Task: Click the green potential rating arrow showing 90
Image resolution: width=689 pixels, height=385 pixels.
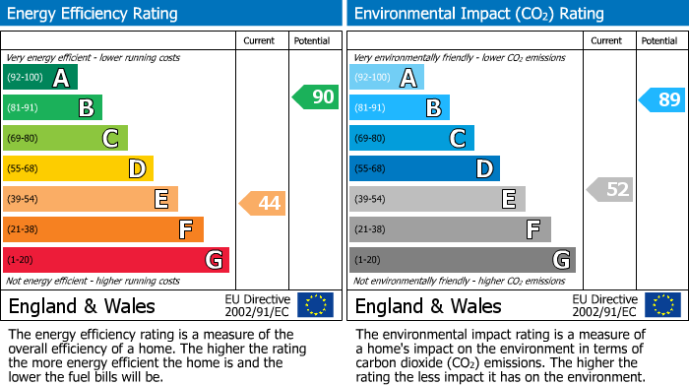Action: pyautogui.click(x=315, y=96)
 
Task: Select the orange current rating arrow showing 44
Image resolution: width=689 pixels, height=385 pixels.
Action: pyautogui.click(x=262, y=203)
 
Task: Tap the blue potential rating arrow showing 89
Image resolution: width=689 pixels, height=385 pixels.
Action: pyautogui.click(x=661, y=99)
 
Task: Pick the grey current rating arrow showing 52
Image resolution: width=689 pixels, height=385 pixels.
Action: pyautogui.click(x=609, y=189)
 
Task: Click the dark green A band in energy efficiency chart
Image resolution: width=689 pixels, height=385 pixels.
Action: pyautogui.click(x=40, y=78)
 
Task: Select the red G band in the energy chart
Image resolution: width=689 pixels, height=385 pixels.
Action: pyautogui.click(x=116, y=260)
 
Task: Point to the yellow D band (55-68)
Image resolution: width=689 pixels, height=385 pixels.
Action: pyautogui.click(x=78, y=168)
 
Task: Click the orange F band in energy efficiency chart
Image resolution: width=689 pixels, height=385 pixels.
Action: pyautogui.click(x=103, y=229)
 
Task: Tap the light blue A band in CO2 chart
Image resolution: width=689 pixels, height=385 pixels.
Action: pyautogui.click(x=387, y=78)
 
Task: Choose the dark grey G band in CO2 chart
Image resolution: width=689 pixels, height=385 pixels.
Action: pyautogui.click(x=462, y=260)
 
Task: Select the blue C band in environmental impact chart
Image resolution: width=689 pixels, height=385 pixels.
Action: pyautogui.click(x=411, y=138)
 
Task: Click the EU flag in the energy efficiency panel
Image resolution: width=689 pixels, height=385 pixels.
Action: pyautogui.click(x=315, y=304)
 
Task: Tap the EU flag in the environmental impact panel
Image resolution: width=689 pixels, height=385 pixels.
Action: pyautogui.click(x=661, y=304)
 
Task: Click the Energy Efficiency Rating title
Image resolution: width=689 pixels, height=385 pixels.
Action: pyautogui.click(x=94, y=14)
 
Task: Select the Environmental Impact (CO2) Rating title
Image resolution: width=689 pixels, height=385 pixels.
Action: pyautogui.click(x=478, y=14)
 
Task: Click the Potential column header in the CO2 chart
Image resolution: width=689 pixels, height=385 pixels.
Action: pyautogui.click(x=659, y=40)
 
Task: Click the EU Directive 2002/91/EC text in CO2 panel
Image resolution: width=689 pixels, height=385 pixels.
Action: pyautogui.click(x=605, y=304)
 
